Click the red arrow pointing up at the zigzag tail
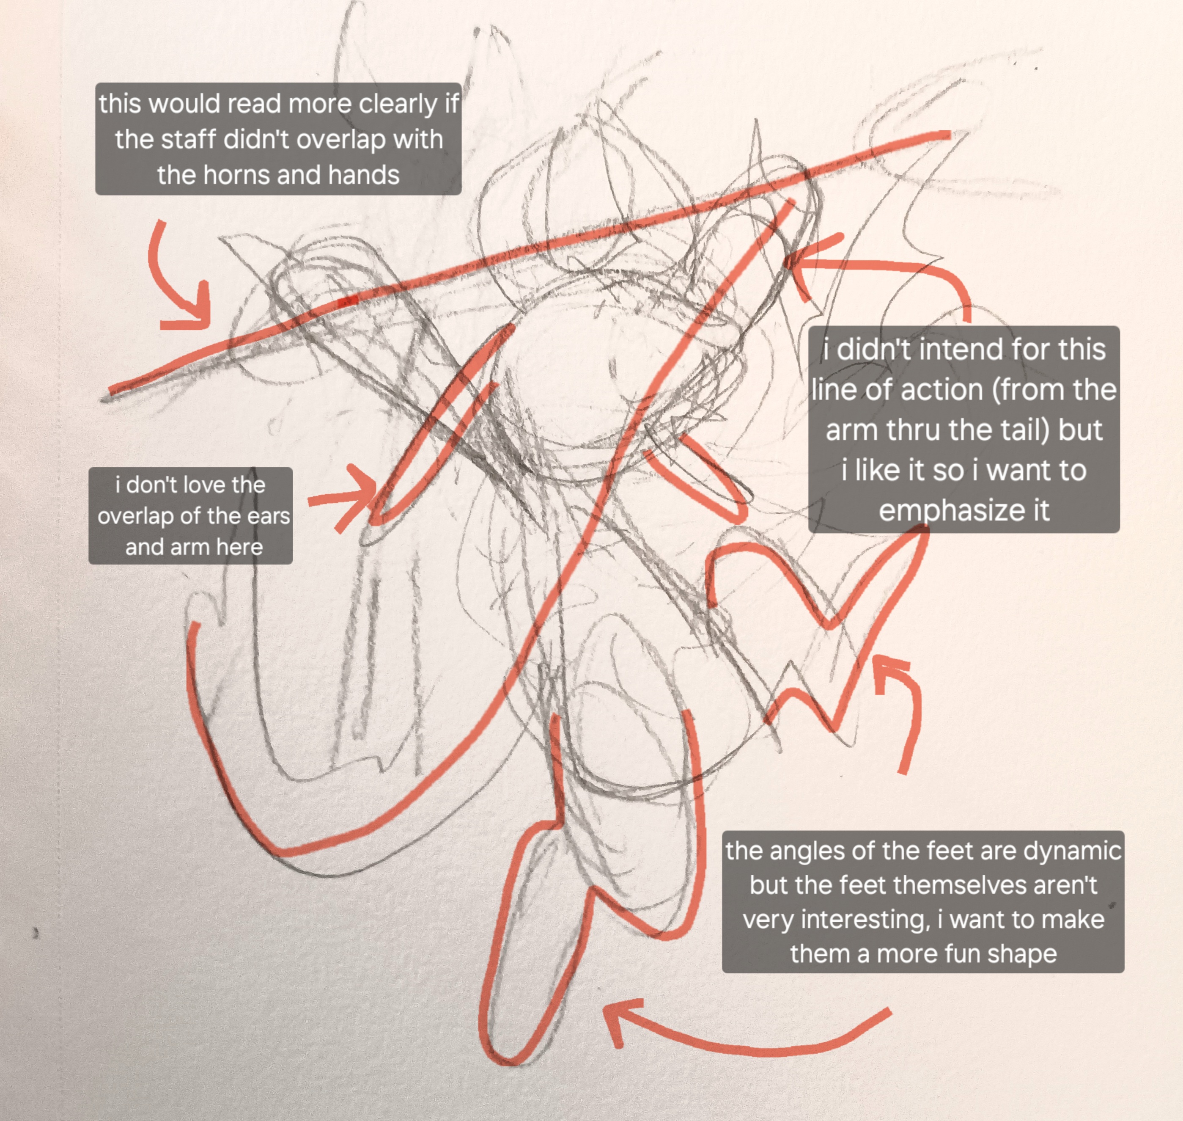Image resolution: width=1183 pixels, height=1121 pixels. [903, 711]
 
